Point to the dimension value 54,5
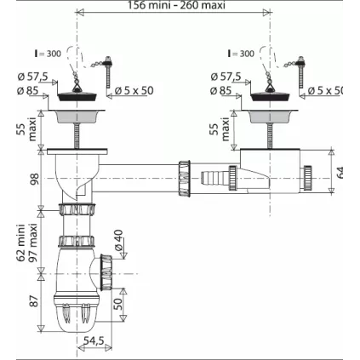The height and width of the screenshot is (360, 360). [94, 341]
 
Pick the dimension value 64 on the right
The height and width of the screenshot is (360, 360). [341, 174]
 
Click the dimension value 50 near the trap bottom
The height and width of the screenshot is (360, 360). [120, 304]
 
